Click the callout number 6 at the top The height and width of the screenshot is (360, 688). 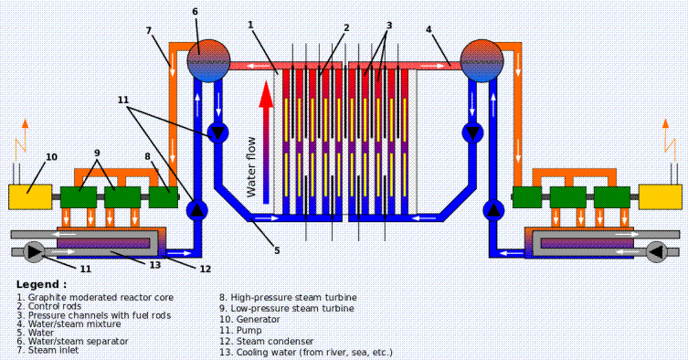click(196, 11)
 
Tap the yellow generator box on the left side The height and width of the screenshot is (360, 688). click(30, 196)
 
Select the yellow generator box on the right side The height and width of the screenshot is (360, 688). click(660, 196)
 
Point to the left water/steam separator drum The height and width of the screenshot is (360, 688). click(209, 61)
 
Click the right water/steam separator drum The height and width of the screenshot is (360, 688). click(482, 61)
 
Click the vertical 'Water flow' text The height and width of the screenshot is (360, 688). click(251, 167)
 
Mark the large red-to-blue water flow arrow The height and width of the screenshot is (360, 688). click(266, 142)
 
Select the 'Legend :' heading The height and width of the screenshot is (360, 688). click(42, 284)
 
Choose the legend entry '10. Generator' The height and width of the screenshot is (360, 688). click(249, 320)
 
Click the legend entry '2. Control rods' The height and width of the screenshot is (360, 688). click(49, 306)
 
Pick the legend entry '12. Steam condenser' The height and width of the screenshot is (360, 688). click(266, 342)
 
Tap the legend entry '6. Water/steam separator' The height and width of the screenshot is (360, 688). click(72, 342)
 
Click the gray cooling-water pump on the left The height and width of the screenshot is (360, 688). click(34, 251)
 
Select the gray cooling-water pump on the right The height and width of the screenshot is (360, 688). click(657, 251)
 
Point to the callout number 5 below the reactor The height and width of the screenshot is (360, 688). click(277, 250)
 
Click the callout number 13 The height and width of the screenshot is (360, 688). click(155, 265)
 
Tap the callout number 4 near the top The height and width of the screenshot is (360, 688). click(429, 29)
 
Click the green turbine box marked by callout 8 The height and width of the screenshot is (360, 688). click(164, 197)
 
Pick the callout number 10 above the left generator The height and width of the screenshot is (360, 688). click(52, 157)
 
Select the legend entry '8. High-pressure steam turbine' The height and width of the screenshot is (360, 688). click(288, 298)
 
